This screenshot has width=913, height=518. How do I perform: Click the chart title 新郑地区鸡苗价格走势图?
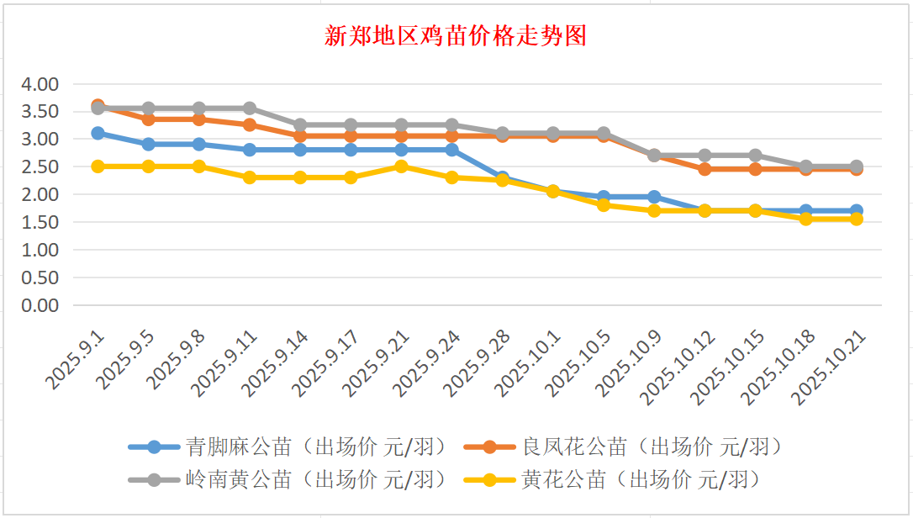456,36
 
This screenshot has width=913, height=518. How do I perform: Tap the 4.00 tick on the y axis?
40,84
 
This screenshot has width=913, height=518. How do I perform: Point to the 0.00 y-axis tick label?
40,305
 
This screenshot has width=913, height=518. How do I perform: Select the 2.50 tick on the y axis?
40,166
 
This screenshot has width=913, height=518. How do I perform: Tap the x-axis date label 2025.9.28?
478,364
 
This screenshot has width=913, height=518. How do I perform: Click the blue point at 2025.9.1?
98,133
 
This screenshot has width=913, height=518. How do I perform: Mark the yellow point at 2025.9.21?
401,166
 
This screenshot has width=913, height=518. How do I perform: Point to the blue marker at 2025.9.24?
451,150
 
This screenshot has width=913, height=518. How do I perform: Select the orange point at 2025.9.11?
250,124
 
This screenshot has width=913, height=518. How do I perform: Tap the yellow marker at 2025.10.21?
856,219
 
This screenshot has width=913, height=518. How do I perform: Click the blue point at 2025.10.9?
654,197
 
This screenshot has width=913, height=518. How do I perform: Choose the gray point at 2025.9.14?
300,124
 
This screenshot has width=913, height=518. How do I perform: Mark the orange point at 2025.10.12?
705,169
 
